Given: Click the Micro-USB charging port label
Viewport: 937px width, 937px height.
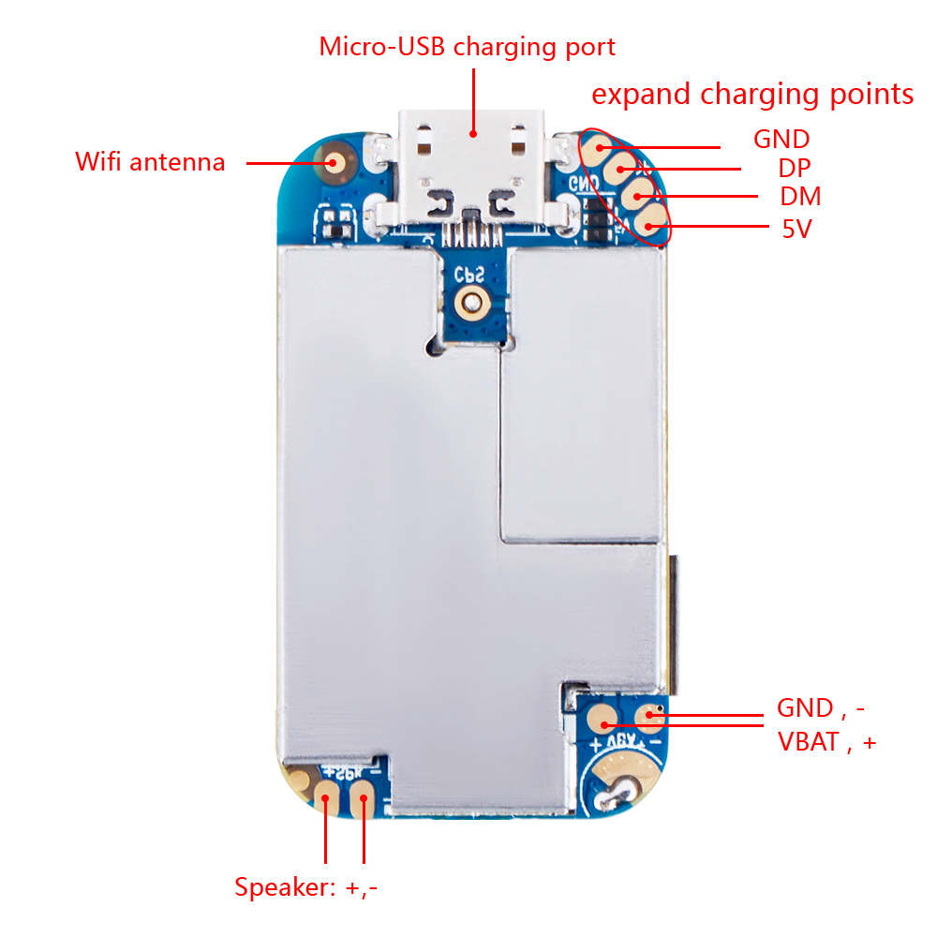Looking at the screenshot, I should click(x=468, y=47).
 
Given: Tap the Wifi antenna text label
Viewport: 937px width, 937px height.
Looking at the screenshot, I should click(x=150, y=162).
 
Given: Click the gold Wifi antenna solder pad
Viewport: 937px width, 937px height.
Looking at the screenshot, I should click(x=332, y=163).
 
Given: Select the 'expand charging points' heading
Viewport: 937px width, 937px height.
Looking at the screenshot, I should click(x=752, y=95).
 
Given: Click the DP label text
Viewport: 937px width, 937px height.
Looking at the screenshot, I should click(x=794, y=169).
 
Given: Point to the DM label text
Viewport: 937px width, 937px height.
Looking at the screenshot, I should click(x=799, y=197).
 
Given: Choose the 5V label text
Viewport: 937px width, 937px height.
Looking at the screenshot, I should click(x=796, y=228).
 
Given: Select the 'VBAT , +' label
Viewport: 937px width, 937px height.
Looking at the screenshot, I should click(x=826, y=742).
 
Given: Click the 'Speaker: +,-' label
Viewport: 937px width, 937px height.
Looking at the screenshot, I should click(x=306, y=886).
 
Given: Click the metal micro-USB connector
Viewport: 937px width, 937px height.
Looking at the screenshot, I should click(x=473, y=173).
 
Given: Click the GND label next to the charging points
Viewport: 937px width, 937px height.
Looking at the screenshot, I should click(x=781, y=140).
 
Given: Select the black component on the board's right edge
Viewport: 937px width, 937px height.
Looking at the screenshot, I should click(x=671, y=618).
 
